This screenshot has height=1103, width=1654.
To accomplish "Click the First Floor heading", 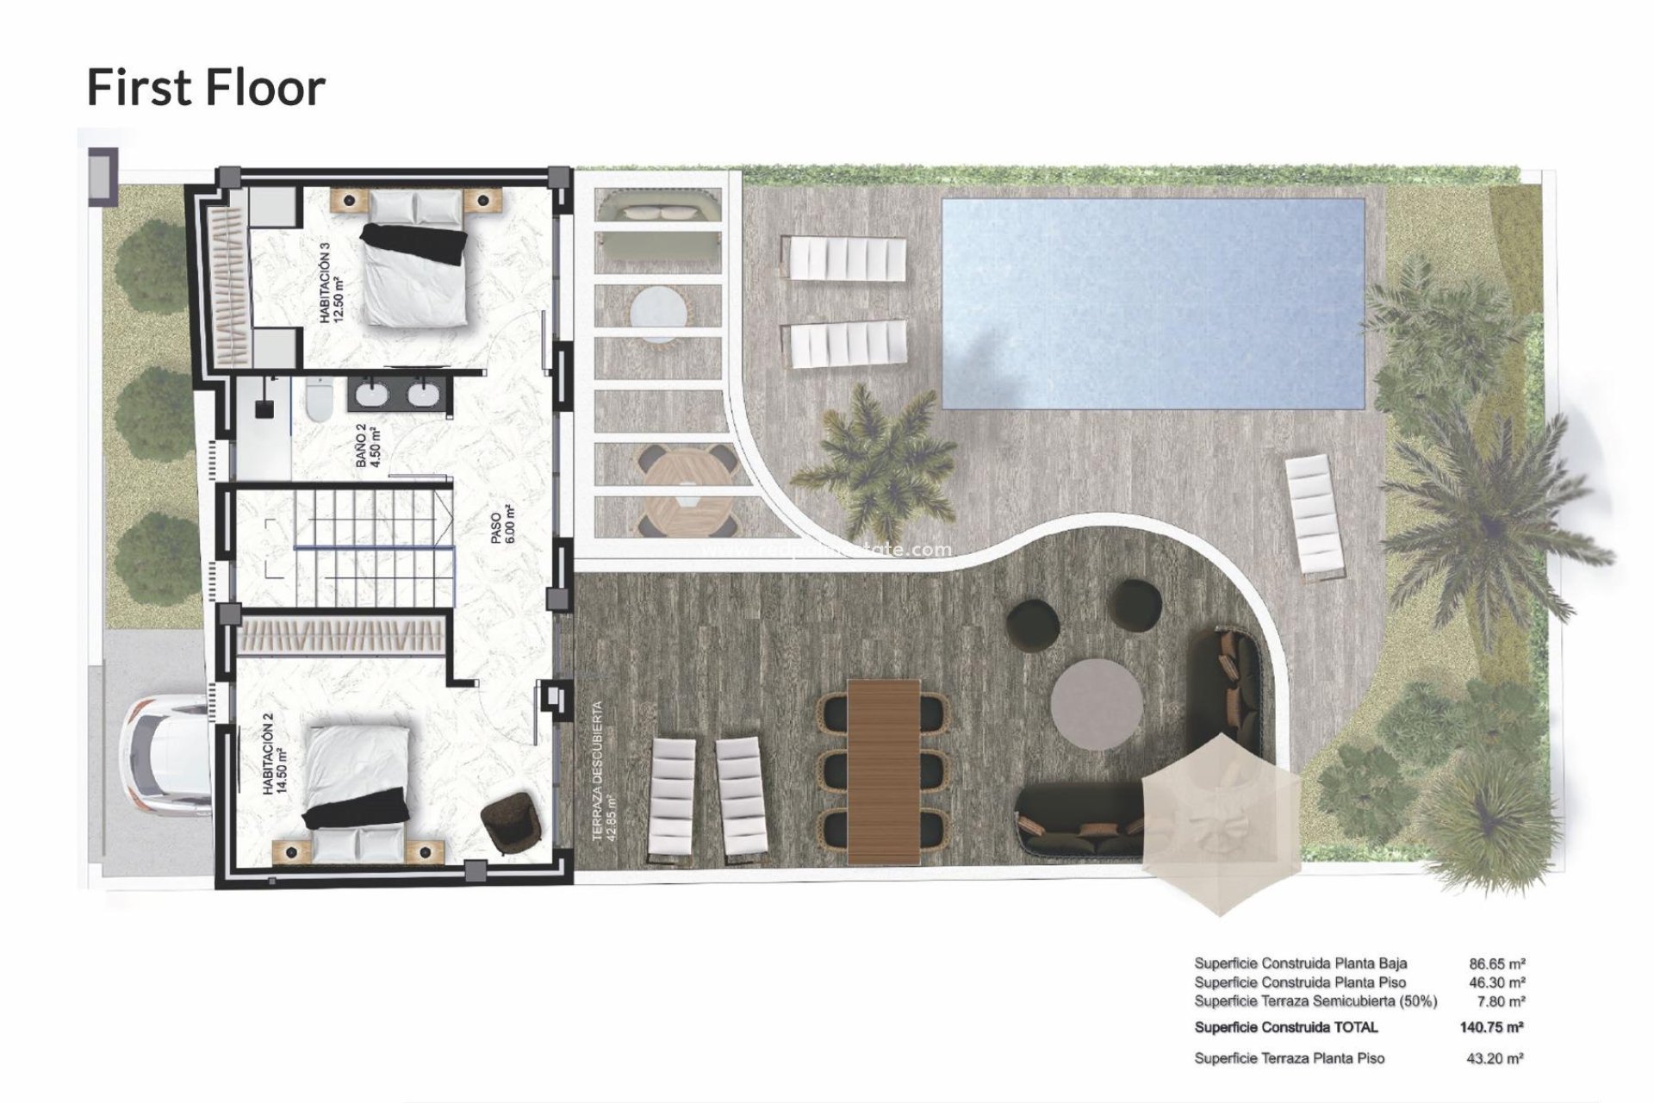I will pos(206,88).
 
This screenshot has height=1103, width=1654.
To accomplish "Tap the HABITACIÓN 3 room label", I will pos(332,283).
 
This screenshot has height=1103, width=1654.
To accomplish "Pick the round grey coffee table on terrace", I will pos(1097,705).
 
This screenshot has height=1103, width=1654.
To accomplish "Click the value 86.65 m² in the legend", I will pos(1497,964).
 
